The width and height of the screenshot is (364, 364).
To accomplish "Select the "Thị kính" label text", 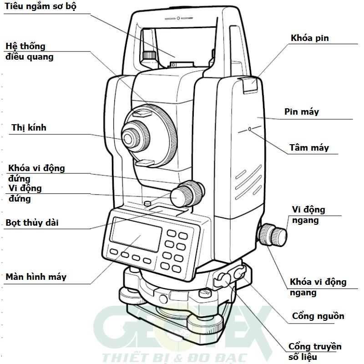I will (x=29, y=128).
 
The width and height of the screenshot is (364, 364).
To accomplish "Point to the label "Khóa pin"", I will (x=309, y=38).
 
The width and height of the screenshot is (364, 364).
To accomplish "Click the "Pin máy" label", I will (x=302, y=111).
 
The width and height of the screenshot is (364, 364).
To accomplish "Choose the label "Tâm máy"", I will (x=309, y=148).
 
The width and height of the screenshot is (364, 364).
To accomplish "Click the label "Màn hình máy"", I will (x=35, y=277).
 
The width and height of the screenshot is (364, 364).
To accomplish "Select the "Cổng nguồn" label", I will (x=318, y=316).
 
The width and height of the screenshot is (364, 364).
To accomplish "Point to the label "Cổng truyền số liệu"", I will (x=315, y=352).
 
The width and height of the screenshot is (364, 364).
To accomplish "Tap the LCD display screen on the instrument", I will (x=136, y=235).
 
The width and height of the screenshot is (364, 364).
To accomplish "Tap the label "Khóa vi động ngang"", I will (x=318, y=287).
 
